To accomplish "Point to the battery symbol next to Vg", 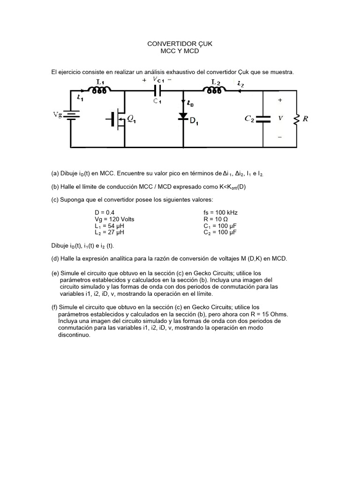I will (x=71, y=115).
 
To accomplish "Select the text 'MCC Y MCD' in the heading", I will (x=180, y=51).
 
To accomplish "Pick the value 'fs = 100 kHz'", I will (x=220, y=212).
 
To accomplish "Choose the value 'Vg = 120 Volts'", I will (x=114, y=219).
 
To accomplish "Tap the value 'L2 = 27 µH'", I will (x=109, y=232).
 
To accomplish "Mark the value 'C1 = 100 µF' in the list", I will (x=220, y=225).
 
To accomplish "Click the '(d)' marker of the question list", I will (x=55, y=259).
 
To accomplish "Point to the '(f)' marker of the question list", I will (x=54, y=307).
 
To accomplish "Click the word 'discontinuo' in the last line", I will (x=74, y=336).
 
